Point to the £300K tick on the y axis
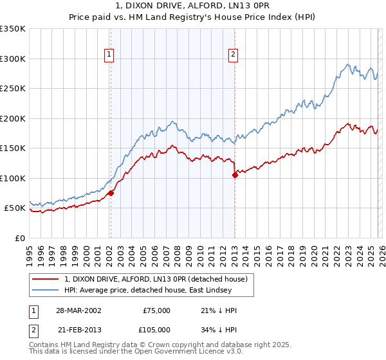[13, 59]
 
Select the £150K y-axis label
[13, 148]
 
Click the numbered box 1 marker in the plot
[110, 55]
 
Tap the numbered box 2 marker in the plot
[232, 55]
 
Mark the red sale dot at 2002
[111, 193]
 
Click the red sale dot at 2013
[235, 175]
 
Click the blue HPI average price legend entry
[158, 290]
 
